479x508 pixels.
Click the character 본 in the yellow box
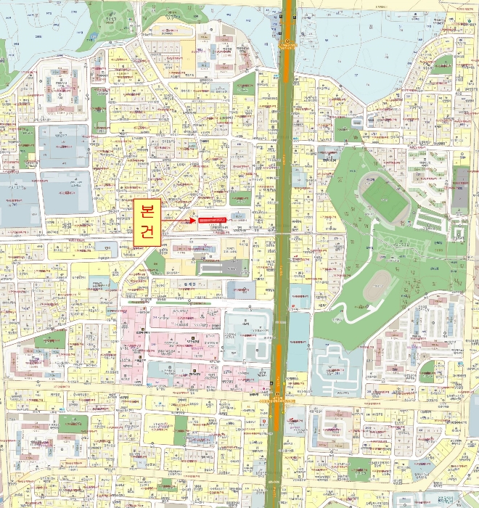click(147, 211)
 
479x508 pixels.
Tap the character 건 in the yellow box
click(147, 232)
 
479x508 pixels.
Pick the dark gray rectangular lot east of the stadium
click(460, 190)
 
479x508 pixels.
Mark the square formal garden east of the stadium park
click(457, 232)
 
